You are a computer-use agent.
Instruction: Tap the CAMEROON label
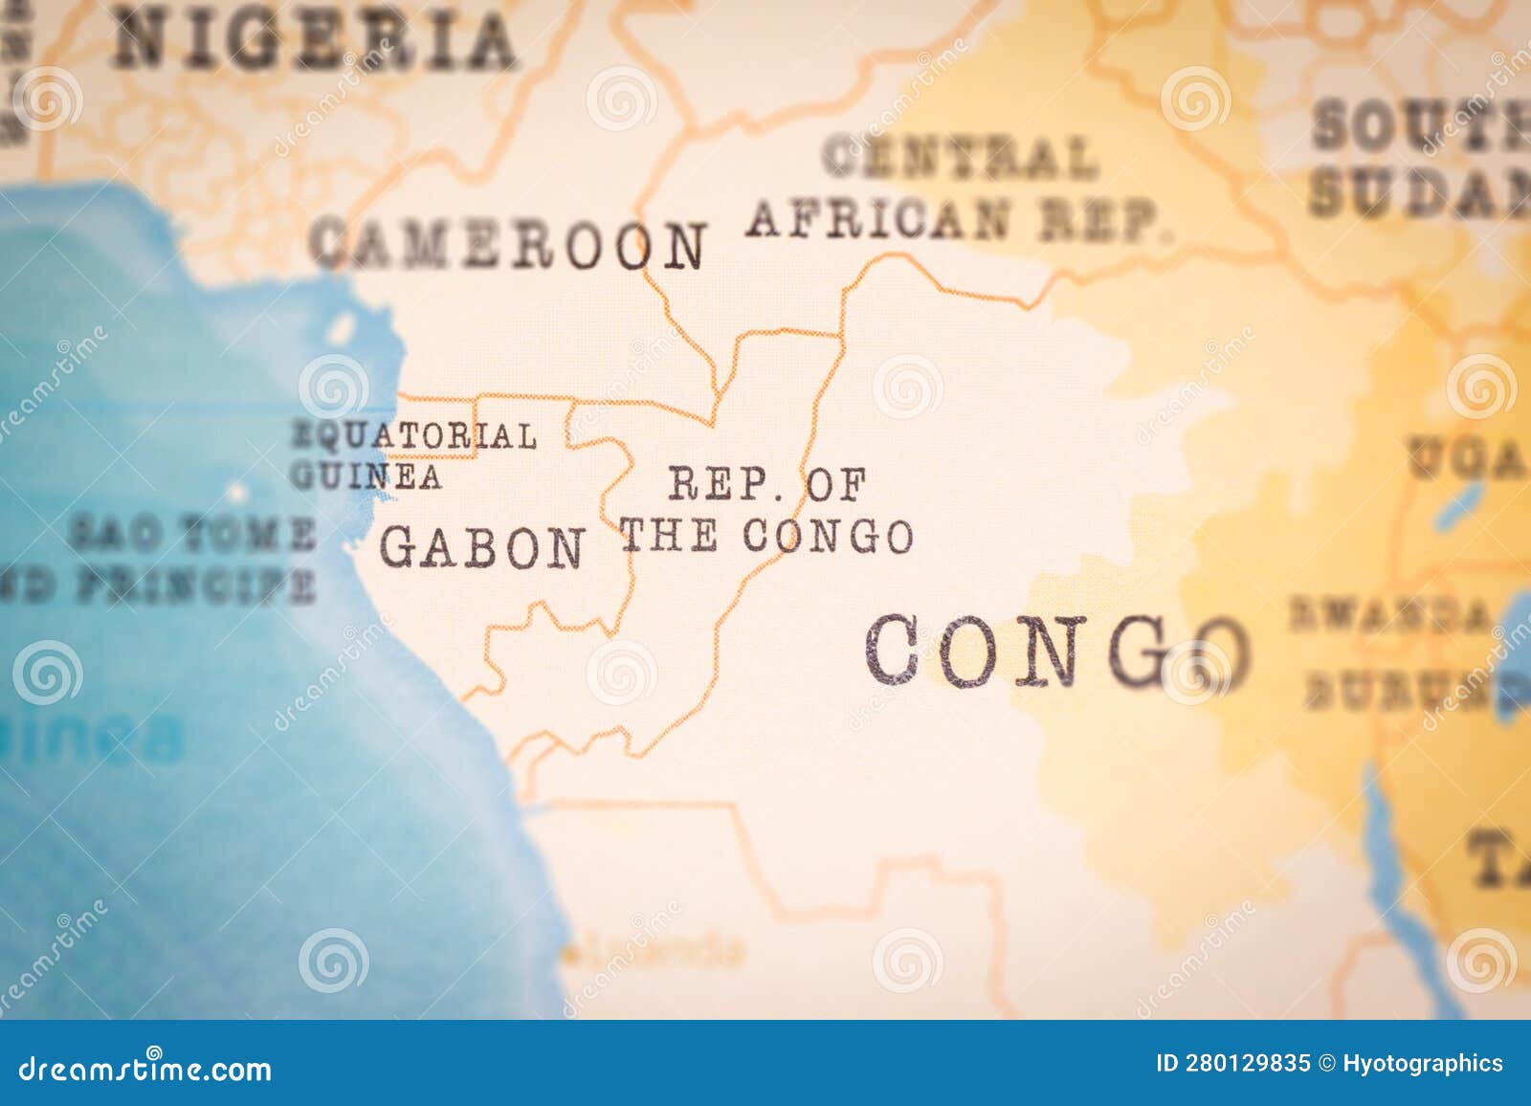click(x=508, y=244)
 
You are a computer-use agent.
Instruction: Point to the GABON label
click(x=481, y=548)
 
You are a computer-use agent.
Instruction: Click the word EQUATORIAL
click(x=413, y=436)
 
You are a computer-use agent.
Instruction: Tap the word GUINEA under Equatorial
click(x=366, y=476)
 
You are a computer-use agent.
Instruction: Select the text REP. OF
click(x=766, y=484)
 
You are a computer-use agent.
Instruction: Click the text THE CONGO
click(x=766, y=536)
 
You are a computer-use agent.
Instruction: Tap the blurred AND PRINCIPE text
click(x=158, y=585)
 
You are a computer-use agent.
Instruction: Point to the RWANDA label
click(x=1388, y=614)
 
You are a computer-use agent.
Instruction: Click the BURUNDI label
click(x=1407, y=690)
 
